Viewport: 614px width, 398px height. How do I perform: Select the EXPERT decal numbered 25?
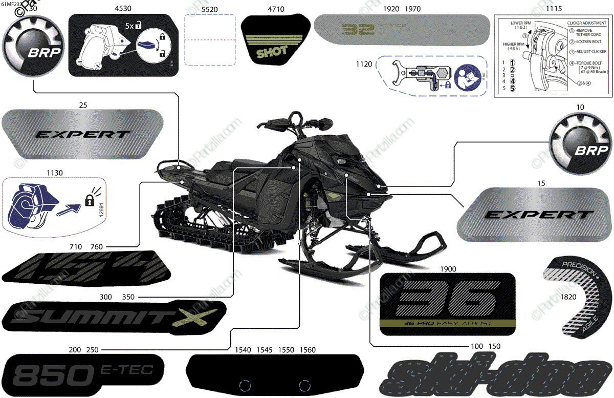click(x=82, y=134)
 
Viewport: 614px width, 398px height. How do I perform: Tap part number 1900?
click(x=448, y=268)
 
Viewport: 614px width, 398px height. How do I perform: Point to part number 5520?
click(x=209, y=9)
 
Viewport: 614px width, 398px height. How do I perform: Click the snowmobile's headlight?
click(x=339, y=162)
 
